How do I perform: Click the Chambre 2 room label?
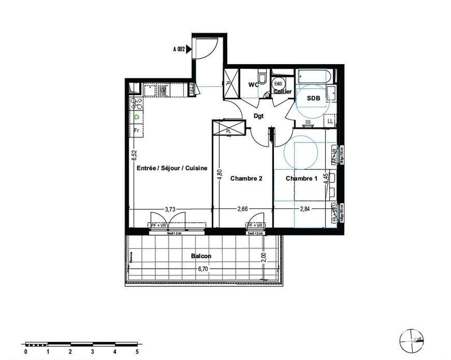246,179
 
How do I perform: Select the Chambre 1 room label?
302,179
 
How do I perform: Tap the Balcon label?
201,256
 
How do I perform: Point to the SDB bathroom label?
312,98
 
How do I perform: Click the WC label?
254,85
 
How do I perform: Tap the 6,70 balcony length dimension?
203,269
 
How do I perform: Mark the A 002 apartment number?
180,49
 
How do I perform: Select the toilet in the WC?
263,78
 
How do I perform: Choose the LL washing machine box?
330,121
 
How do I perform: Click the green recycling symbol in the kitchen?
136,117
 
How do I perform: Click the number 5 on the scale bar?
136,351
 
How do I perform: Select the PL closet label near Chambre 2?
229,131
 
